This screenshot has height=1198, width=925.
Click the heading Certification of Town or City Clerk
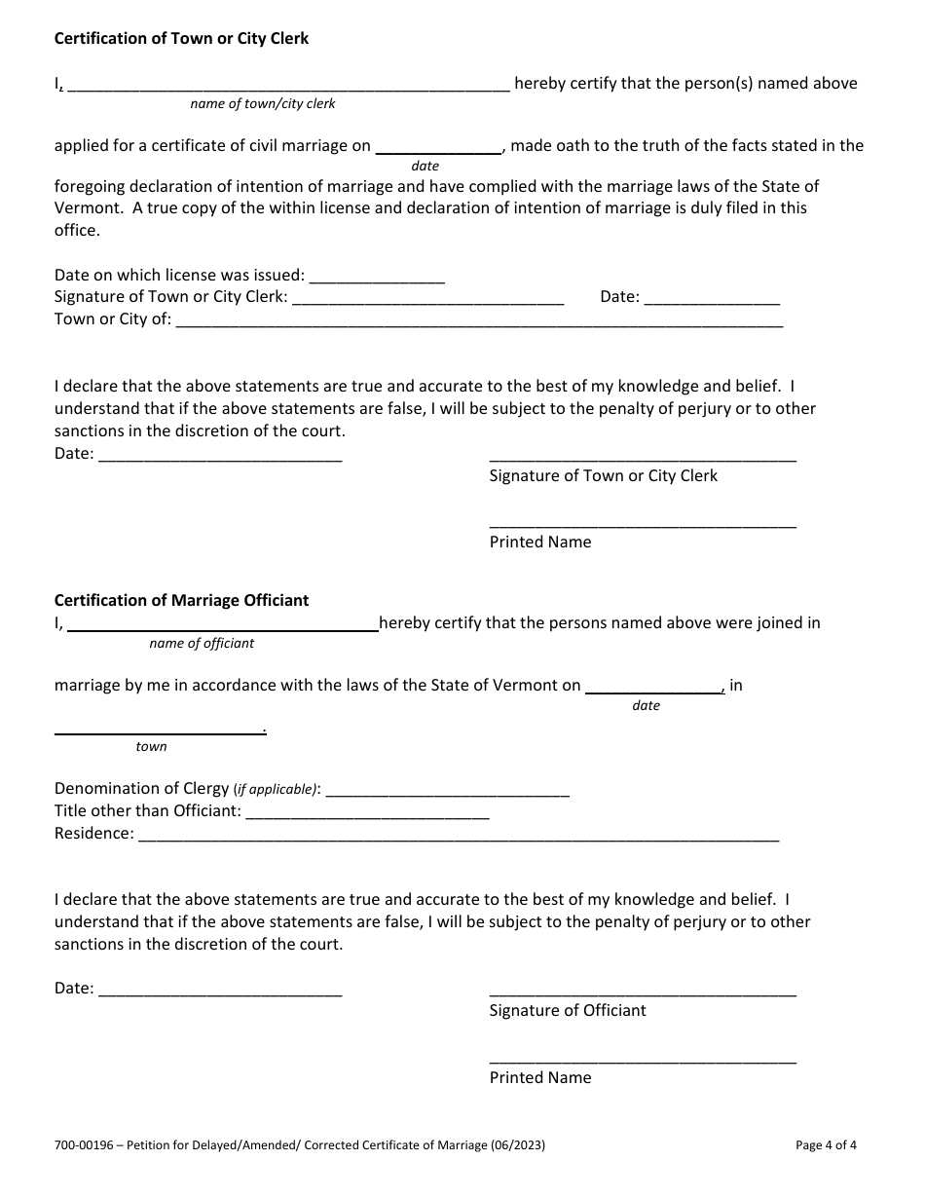pos(181,39)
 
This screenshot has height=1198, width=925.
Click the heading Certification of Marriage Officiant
pos(181,600)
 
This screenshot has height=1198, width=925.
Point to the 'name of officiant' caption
pos(202,643)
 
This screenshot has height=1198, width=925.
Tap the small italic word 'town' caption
pos(151,746)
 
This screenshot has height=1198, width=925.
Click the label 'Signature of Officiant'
pos(568,1010)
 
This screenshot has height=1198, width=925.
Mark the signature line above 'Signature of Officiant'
pos(643,993)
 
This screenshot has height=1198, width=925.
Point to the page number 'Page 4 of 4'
pos(827,1145)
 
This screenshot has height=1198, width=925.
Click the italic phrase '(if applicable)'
pos(276,789)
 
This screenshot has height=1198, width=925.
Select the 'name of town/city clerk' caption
pos(263,103)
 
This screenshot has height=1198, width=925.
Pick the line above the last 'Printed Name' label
pos(643,1061)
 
